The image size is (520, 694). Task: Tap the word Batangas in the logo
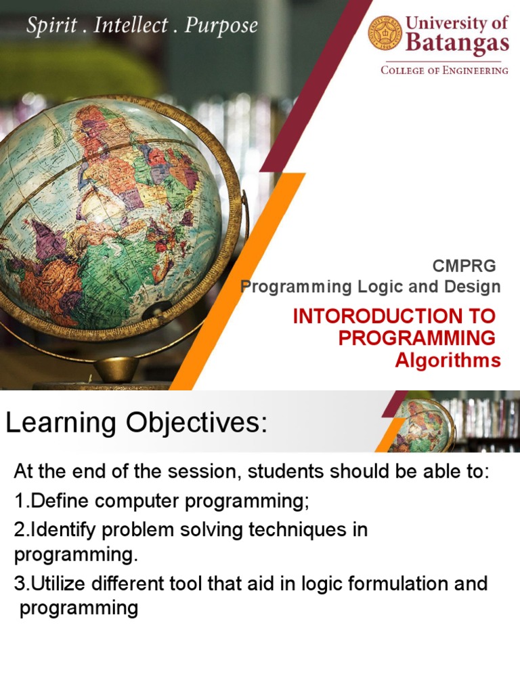(457, 43)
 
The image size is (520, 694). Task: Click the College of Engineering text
(444, 70)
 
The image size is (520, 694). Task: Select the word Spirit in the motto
(51, 25)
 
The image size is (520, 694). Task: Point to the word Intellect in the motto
(131, 25)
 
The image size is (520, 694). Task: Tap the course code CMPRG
(464, 266)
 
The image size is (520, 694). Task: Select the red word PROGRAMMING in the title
(417, 338)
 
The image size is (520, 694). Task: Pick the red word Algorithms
(448, 361)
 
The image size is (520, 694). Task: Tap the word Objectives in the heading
(197, 423)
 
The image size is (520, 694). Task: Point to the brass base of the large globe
(116, 369)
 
